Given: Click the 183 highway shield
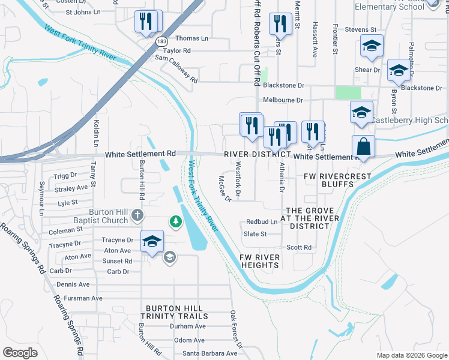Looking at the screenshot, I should [161, 41].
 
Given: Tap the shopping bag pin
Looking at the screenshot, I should [363, 147].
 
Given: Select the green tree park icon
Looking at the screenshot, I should [175, 222].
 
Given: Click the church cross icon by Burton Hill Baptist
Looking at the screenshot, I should [137, 215].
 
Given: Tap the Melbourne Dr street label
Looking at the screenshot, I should [282, 100].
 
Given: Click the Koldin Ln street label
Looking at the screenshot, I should [95, 133].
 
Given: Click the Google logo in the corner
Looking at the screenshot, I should [20, 353].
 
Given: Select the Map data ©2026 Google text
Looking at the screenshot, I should [411, 355].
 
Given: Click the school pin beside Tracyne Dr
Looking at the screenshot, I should [152, 242].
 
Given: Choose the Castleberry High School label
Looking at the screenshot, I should [410, 121].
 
